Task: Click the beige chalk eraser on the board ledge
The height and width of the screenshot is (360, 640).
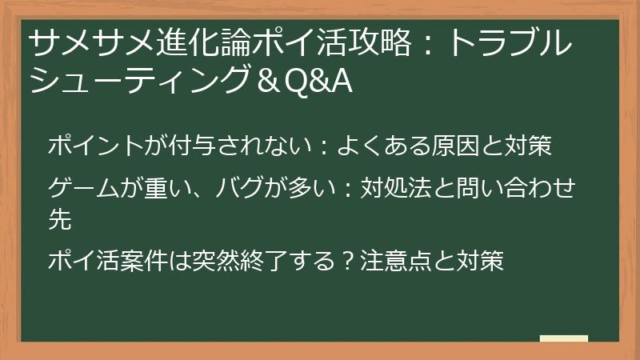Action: [563, 338]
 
